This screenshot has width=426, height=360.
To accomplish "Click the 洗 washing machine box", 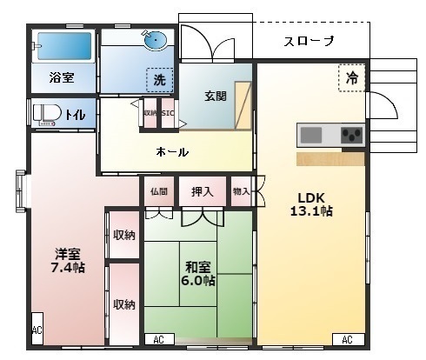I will coord(159,79).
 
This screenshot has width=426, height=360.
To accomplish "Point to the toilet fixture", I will coord(44,113).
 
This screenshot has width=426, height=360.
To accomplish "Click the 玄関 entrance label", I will coord(216,97).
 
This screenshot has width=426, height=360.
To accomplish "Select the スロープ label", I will coord(310,42).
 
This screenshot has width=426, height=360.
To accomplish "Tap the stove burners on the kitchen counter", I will coord(351,135).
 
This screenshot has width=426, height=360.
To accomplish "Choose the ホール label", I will coord(172,152).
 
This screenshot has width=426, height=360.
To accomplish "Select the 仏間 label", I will coord(158,191).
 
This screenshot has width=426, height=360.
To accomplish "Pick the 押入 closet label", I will coord(203,191).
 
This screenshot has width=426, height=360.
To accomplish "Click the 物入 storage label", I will coord(241,191).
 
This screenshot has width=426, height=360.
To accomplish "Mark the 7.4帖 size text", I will coord(68,267).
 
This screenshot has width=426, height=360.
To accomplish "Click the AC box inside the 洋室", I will coord(37,330).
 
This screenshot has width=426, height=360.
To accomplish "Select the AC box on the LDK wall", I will coord(346,338).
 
